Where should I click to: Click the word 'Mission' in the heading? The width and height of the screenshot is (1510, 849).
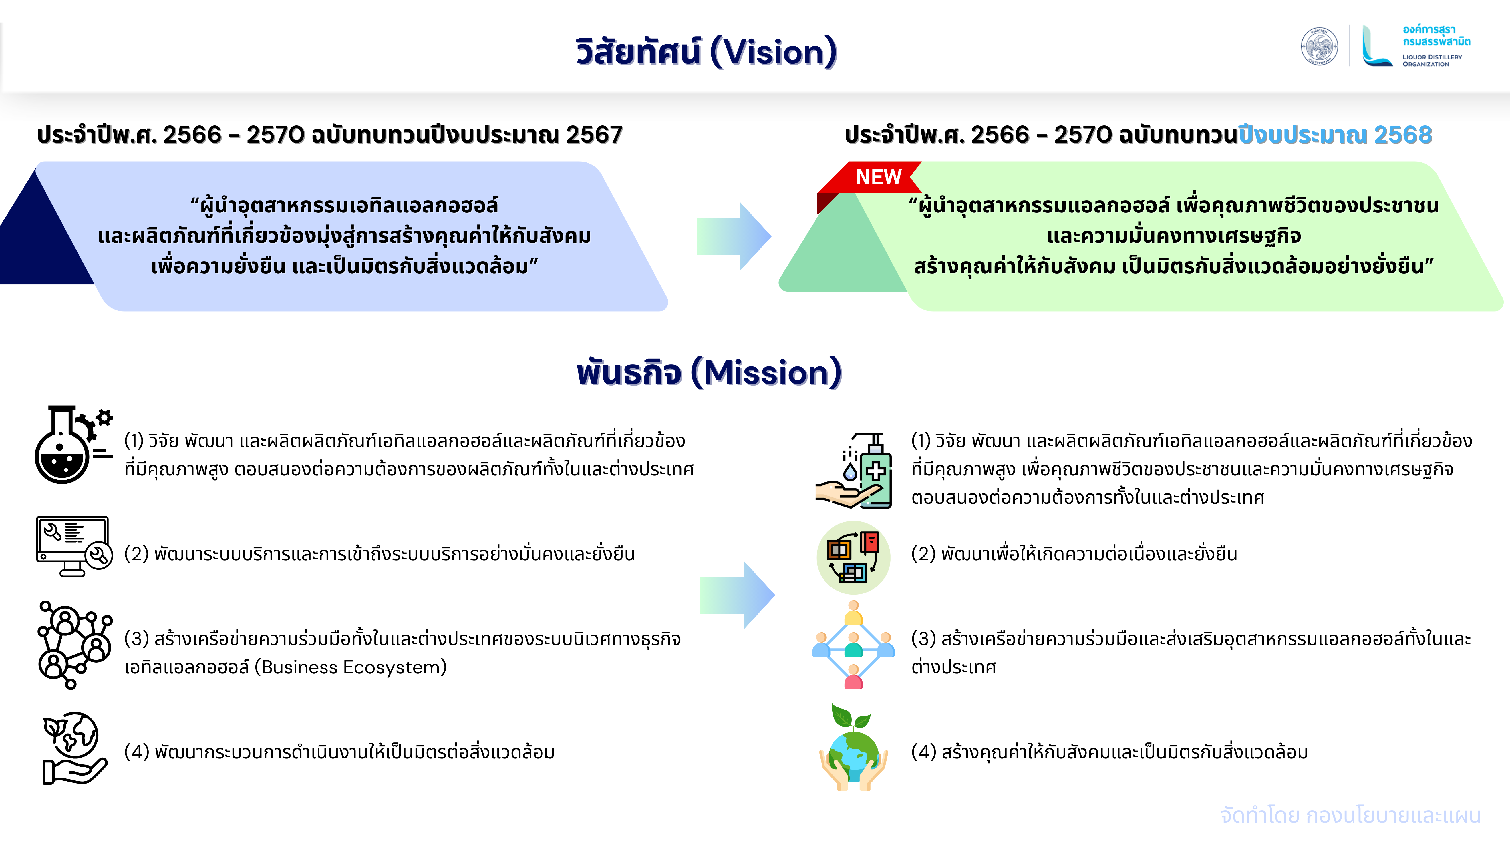pyautogui.click(x=767, y=373)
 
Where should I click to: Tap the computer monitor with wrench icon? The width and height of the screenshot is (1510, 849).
pyautogui.click(x=74, y=546)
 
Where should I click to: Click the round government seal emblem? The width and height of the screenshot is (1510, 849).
pyautogui.click(x=1319, y=46)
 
